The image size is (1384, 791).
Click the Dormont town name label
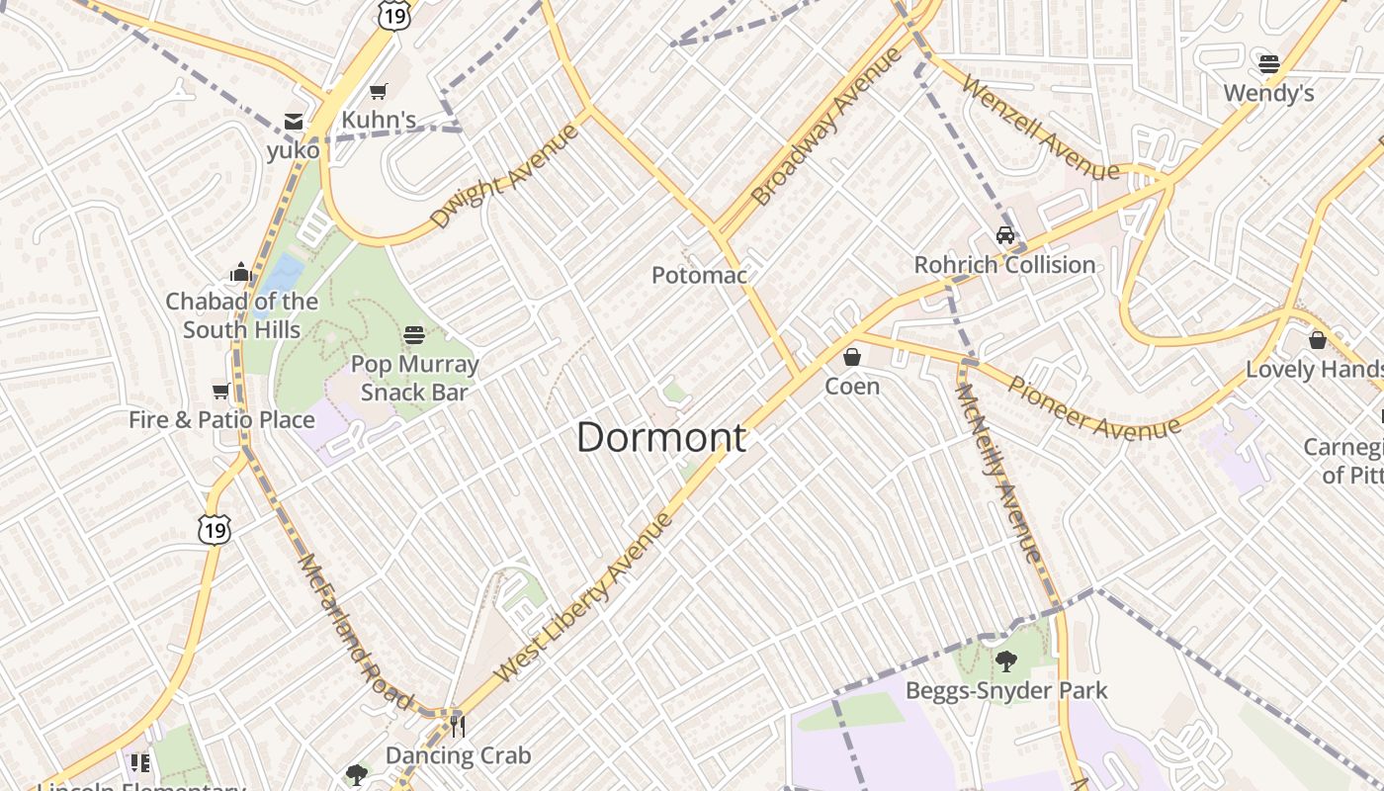pyautogui.click(x=661, y=437)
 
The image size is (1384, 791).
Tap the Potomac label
pyautogui.click(x=699, y=275)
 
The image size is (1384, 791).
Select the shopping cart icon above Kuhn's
pyautogui.click(x=378, y=92)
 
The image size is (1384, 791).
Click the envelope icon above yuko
pyautogui.click(x=294, y=122)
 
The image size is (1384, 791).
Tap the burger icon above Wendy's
pyautogui.click(x=1269, y=64)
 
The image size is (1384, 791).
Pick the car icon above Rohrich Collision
pyautogui.click(x=1005, y=235)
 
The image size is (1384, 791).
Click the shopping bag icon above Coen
pyautogui.click(x=852, y=356)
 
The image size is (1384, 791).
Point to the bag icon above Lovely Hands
pyautogui.click(x=1317, y=340)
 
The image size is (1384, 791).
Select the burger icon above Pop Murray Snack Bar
pyautogui.click(x=414, y=334)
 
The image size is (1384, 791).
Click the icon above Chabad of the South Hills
pyautogui.click(x=240, y=272)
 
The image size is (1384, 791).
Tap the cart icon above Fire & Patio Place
pyautogui.click(x=221, y=391)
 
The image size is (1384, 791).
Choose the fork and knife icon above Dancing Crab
pyautogui.click(x=457, y=727)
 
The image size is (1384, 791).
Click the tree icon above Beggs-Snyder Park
pyautogui.click(x=1006, y=661)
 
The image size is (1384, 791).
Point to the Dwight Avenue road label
pyautogui.click(x=504, y=176)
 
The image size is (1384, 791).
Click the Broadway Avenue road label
pyautogui.click(x=826, y=126)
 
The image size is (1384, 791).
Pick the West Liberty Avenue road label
pyautogui.click(x=583, y=596)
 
